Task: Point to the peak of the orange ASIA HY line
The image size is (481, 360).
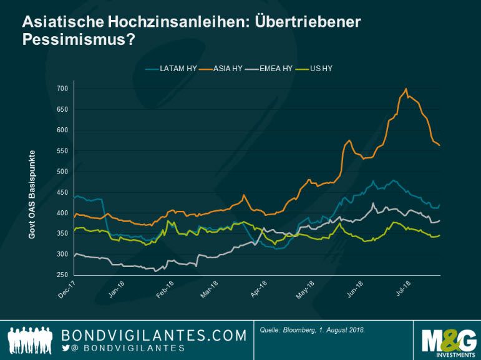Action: tap(406, 89)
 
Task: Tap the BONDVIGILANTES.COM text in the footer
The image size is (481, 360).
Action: tap(154, 335)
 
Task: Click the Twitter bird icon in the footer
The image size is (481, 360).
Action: tap(66, 348)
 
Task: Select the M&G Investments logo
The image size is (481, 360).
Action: tap(448, 339)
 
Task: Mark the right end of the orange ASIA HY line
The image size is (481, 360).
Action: tap(440, 145)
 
